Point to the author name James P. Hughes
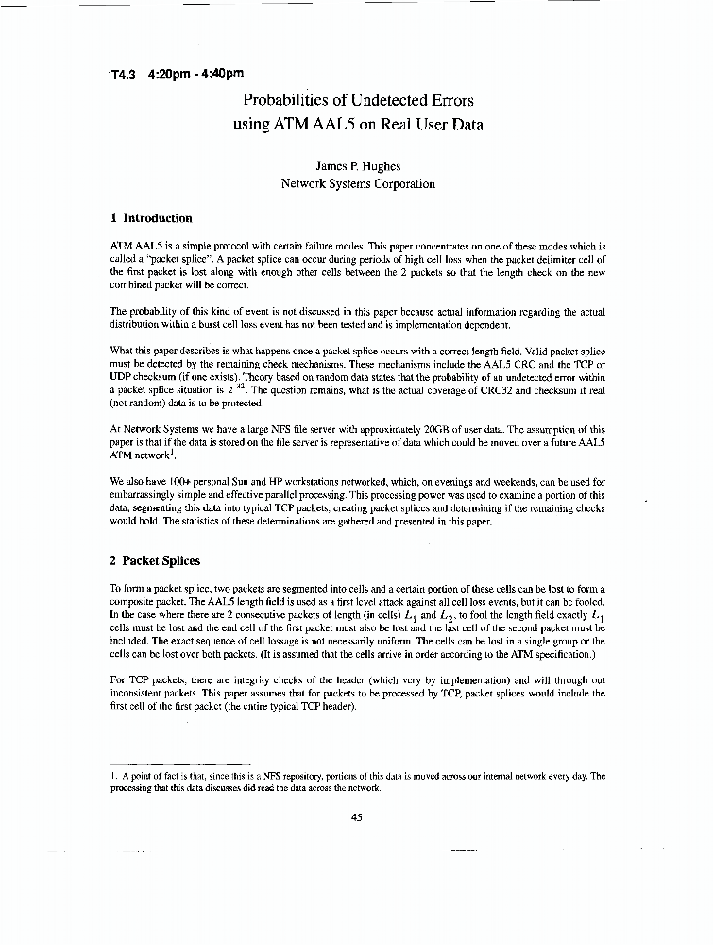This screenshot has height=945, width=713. tap(357, 165)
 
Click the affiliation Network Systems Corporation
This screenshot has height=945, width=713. tap(357, 184)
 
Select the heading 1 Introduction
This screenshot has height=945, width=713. tap(151, 218)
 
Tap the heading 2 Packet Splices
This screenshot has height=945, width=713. tap(155, 560)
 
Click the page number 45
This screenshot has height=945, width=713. tap(356, 818)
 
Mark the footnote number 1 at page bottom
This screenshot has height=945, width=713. tap(112, 776)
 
